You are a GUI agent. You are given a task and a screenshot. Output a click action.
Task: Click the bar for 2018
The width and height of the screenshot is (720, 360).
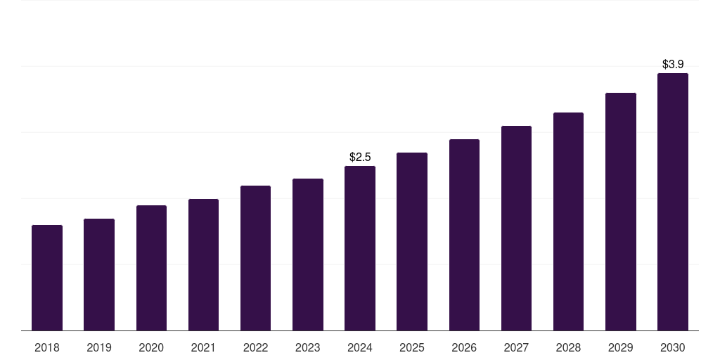point(47,278)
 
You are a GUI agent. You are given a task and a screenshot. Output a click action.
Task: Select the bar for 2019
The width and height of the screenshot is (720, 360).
point(99,274)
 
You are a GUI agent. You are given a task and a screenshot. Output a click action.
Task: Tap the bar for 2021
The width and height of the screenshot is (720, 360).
point(203,264)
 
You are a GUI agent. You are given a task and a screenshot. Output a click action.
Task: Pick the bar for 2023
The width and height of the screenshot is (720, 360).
point(308,255)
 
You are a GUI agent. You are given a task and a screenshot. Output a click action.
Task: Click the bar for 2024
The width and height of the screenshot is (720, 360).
point(360,248)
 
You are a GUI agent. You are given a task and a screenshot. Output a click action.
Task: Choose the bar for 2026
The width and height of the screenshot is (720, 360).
point(464,235)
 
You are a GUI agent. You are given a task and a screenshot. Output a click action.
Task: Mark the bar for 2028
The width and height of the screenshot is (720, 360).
point(568,221)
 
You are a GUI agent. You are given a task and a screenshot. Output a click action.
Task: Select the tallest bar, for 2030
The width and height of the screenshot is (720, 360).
point(673,202)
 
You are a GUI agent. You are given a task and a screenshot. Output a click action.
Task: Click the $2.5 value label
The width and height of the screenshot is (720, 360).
point(360,157)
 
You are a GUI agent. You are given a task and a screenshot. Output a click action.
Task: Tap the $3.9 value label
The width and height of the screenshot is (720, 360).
point(673,64)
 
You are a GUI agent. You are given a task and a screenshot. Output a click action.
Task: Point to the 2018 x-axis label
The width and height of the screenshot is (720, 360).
point(47,347)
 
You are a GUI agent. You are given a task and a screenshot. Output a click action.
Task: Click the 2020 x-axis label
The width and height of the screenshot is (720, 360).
point(151,347)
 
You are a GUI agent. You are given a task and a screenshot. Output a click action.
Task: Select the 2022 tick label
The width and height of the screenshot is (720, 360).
point(255,347)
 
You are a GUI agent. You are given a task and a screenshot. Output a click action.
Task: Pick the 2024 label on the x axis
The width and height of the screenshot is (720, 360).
point(360,347)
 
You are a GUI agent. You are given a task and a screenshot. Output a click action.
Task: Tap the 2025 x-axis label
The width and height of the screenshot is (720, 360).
point(412,347)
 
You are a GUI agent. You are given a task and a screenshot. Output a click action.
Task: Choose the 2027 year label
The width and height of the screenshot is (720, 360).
point(516,347)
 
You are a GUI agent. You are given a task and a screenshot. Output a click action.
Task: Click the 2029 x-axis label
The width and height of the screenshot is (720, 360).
point(620,347)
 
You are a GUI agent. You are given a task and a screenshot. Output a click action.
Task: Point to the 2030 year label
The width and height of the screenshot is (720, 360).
point(673,347)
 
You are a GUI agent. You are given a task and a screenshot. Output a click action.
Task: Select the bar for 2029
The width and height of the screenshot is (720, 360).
point(621,212)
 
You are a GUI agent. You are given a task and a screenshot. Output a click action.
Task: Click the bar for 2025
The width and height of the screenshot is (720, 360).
point(412,241)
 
